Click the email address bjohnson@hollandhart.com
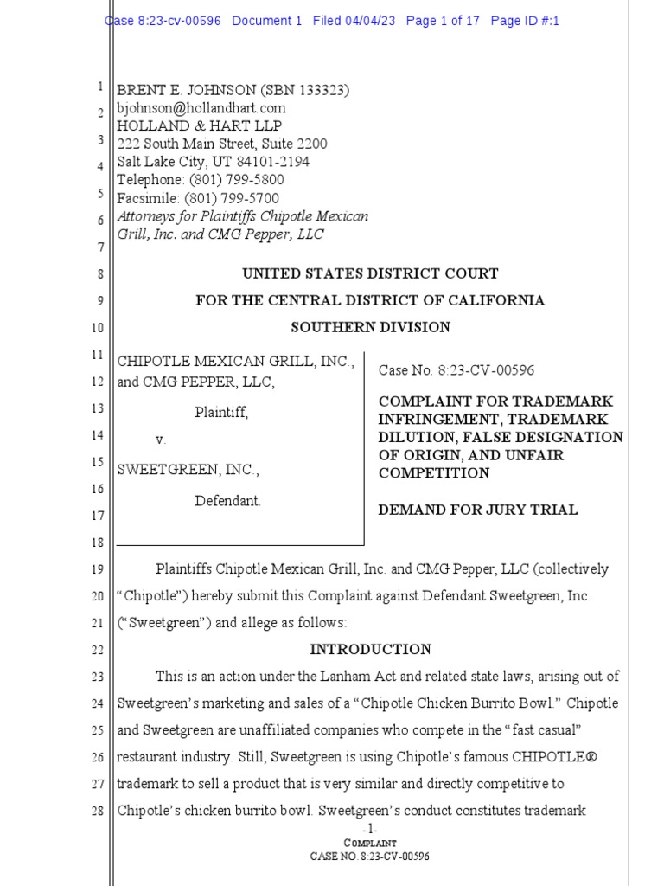coord(201,108)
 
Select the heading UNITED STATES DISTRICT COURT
coord(370,273)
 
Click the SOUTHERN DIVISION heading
coord(370,327)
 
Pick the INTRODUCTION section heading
coord(370,650)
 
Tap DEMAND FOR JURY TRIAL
coord(478,510)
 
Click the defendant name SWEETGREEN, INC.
coord(188,470)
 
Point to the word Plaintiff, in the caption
coord(221,413)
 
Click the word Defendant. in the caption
coord(227,501)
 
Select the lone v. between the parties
coord(160,440)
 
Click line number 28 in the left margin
coord(98,812)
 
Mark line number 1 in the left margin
coord(100,87)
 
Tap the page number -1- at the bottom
coord(370,829)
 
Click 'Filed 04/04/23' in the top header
coord(354,21)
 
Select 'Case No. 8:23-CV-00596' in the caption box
coord(456,370)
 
